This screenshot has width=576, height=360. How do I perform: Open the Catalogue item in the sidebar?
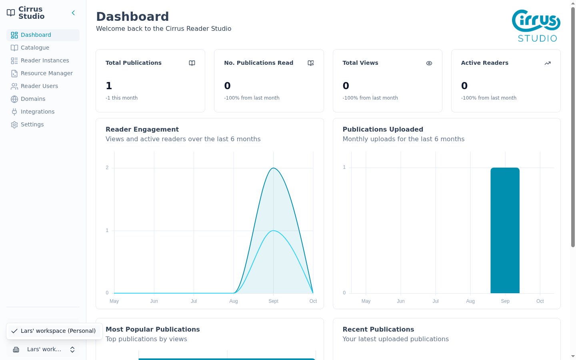coord(35,48)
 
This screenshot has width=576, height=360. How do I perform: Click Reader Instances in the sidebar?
coord(45,60)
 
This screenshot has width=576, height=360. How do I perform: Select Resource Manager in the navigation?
coord(46,73)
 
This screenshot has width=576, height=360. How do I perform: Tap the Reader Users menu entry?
coord(39,86)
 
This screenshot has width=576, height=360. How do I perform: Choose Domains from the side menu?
coord(33,99)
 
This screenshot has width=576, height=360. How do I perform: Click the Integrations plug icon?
coord(14,112)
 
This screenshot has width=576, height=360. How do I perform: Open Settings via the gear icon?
coord(14,124)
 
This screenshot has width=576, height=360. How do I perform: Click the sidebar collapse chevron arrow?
coord(73,13)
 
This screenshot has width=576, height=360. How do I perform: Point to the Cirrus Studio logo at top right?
coord(536,26)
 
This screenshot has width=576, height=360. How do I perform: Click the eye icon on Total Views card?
coord(429,63)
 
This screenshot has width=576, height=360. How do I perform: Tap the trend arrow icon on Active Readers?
coord(548,63)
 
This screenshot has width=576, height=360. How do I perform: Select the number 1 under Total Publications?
coord(109,86)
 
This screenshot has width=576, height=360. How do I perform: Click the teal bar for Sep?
coord(505,230)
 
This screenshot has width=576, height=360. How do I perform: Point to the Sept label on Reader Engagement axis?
coord(273,301)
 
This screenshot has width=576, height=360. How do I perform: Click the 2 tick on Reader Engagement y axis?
coord(107,168)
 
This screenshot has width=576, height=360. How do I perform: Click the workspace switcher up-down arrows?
coord(72,350)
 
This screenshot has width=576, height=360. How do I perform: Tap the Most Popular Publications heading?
coord(153,330)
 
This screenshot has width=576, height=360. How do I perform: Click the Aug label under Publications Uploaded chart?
coord(470,301)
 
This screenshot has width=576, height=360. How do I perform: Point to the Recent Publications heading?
coord(378,330)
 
